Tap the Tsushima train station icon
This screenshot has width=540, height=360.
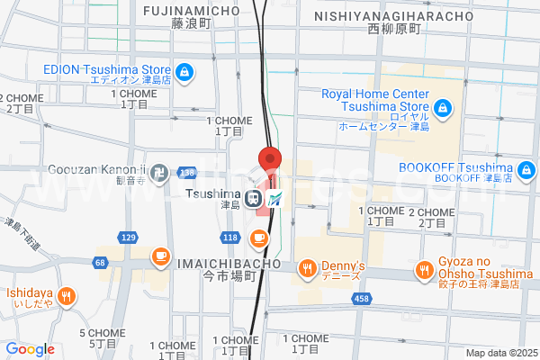pos(256,198)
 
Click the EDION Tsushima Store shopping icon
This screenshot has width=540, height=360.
pos(183,72)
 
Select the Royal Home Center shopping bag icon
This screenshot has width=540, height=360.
pos(442,110)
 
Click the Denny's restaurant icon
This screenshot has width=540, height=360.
pos(307,266)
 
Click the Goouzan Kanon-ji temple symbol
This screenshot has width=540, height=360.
pos(158,170)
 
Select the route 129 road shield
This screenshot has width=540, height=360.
pos(128,237)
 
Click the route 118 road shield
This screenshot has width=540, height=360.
pos(230,237)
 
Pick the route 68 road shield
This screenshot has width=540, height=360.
pos(99,262)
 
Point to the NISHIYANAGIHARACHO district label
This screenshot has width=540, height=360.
pos(394,16)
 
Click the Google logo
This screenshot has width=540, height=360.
pos(30,349)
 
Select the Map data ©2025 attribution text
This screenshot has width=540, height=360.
pos(499,353)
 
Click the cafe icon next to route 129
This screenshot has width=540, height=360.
pos(161,256)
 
